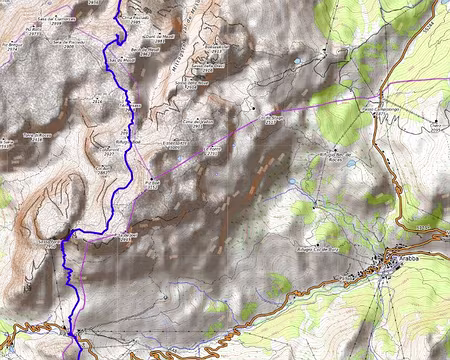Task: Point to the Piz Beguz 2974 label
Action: tap(14, 45)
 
